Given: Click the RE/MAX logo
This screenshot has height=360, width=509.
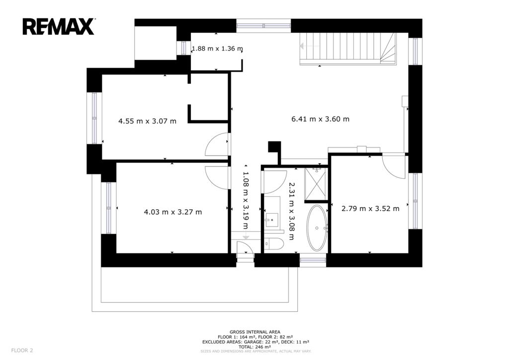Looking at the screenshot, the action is tap(59, 27).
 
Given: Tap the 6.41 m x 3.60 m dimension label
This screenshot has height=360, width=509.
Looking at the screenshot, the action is tap(321, 119).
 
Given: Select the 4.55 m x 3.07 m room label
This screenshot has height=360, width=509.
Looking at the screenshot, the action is tap(147, 121).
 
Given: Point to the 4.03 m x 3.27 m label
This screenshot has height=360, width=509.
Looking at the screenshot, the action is tap(172, 212).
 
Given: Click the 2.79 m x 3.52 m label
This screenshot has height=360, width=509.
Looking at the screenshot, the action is tap(370, 209).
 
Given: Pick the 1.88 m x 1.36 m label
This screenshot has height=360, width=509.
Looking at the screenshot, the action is tap(217, 48).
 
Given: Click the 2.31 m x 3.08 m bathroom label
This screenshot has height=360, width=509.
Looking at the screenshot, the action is tap(291, 211).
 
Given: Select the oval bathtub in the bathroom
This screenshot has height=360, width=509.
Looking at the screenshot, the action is tap(317, 228).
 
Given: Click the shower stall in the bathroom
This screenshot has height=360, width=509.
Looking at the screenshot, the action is tap(316, 184).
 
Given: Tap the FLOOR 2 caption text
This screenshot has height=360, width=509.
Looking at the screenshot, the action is tap(22, 350).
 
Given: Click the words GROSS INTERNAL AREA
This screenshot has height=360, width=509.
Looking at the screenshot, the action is tap(255, 332).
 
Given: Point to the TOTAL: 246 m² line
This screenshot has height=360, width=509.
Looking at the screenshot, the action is tap(255, 347).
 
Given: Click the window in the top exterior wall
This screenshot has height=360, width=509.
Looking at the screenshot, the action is tap(263, 26).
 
